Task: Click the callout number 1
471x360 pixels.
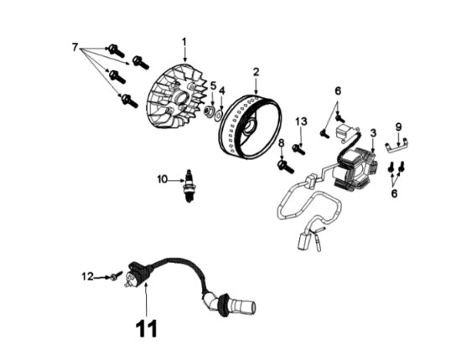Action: [184, 43]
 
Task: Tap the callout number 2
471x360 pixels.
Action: [256, 72]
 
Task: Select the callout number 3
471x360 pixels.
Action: [373, 133]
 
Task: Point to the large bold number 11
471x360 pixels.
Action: [147, 328]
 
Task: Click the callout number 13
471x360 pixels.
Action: [301, 121]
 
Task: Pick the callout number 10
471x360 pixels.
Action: [163, 179]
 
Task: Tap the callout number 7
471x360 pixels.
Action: [75, 47]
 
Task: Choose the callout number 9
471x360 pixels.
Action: [398, 127]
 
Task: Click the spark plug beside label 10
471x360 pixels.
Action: [189, 186]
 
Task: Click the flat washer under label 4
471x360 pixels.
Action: [220, 114]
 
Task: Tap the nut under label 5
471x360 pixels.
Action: [209, 111]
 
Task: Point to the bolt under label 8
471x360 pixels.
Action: [286, 167]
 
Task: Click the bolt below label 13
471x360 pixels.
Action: [299, 149]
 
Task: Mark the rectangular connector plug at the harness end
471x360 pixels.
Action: [303, 241]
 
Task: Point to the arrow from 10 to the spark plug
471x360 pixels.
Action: [176, 180]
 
